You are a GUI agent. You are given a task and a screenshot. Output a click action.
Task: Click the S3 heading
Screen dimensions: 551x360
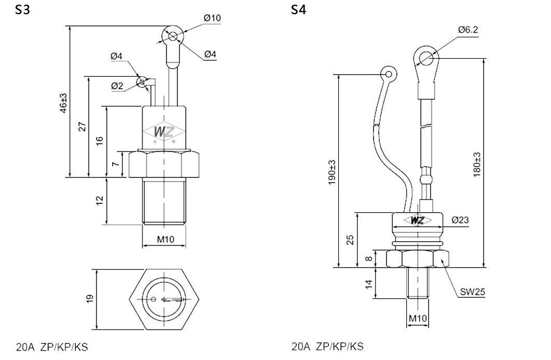pyautogui.click(x=22, y=10)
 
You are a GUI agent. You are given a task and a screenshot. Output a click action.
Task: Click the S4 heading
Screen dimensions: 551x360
pyautogui.click(x=298, y=10)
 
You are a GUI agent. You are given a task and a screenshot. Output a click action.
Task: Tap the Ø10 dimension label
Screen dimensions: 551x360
pyautogui.click(x=212, y=18)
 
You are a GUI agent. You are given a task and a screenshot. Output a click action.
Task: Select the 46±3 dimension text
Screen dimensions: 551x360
pyautogui.click(x=63, y=103)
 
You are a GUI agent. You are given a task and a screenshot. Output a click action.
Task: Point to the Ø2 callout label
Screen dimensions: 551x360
pyautogui.click(x=117, y=86)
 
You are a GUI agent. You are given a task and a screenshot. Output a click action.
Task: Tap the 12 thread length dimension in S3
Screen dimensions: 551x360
pyautogui.click(x=100, y=201)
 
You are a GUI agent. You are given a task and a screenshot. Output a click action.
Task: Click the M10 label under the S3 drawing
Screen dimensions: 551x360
pyautogui.click(x=166, y=240)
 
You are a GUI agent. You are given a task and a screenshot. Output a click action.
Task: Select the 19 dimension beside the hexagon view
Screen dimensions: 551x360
pyautogui.click(x=90, y=299)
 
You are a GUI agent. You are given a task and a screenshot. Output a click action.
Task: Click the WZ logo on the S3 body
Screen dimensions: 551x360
pyautogui.click(x=164, y=132)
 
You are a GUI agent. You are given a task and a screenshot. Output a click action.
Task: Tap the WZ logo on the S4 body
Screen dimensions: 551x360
pyautogui.click(x=417, y=220)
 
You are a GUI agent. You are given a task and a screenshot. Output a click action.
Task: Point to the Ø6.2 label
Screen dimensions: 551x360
pyautogui.click(x=468, y=30)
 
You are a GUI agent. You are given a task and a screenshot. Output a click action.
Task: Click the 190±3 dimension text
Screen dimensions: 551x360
pyautogui.click(x=332, y=172)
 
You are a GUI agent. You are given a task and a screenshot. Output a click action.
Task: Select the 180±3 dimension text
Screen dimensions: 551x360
pyautogui.click(x=476, y=164)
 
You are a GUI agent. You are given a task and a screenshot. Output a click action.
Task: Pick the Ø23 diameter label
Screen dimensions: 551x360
pyautogui.click(x=460, y=220)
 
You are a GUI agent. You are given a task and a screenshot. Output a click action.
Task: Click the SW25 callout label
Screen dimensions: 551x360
pyautogui.click(x=473, y=292)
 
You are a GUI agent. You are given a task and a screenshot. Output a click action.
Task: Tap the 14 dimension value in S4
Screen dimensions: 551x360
pyautogui.click(x=368, y=284)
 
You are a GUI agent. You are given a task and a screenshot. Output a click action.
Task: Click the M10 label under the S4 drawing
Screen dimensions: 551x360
pyautogui.click(x=418, y=318)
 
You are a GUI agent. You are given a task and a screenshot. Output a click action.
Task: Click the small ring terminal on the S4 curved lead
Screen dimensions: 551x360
pyautogui.click(x=388, y=74)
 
